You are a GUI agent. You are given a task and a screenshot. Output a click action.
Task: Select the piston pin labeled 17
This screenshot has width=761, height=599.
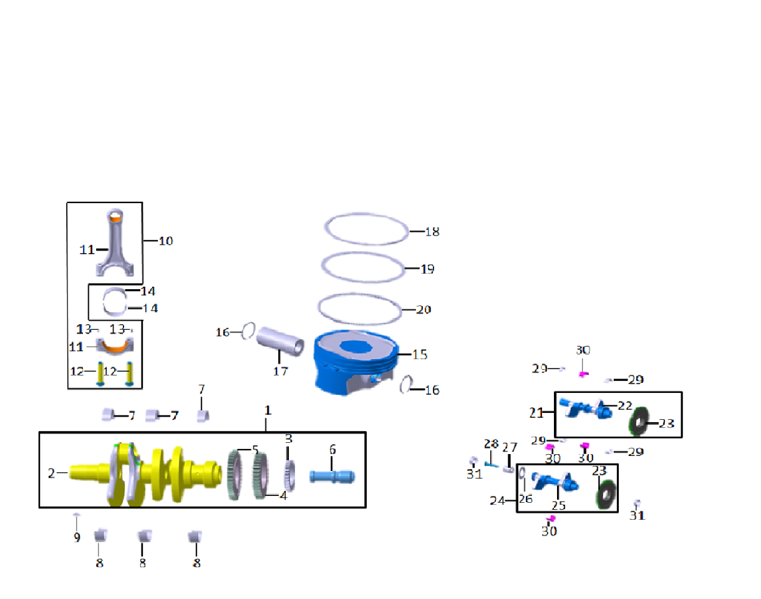[279, 341]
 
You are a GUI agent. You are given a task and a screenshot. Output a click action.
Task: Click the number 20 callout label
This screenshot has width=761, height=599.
[424, 310]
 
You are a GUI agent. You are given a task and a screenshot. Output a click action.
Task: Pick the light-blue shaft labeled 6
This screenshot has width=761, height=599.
[332, 476]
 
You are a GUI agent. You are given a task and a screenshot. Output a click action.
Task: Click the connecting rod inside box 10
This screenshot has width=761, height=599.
[116, 244]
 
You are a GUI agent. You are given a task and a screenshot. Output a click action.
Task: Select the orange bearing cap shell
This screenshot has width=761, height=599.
[114, 345]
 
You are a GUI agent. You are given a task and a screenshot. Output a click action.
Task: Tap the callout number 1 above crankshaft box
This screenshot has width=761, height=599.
[268, 411]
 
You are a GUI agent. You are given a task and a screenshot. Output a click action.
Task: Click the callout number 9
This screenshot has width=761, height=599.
[77, 537]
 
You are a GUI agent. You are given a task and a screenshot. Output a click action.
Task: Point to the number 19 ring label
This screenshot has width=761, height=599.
[427, 270]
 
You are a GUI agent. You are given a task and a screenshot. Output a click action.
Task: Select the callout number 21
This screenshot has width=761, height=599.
[537, 412]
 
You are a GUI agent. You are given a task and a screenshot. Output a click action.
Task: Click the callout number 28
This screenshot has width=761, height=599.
[491, 444]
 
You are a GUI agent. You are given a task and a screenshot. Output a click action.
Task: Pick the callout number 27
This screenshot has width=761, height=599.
[510, 447]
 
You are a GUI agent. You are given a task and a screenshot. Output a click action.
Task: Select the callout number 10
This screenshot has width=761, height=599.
[165, 240]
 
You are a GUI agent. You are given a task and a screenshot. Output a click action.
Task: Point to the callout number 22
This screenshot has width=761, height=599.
[625, 405]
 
